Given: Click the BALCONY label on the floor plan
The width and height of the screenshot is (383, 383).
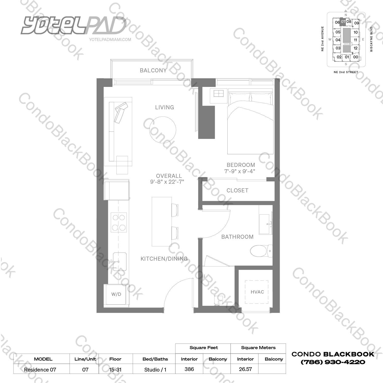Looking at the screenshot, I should coord(153,70).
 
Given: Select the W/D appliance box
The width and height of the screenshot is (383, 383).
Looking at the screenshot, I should coord(116,294).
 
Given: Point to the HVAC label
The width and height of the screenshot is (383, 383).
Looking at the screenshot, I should coord(257,292).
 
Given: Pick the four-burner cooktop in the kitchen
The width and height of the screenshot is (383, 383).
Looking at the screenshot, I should coord(119,222).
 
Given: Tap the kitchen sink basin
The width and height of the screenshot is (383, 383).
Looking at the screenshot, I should coord(119,261).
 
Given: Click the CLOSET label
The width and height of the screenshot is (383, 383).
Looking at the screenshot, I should coord(237,190).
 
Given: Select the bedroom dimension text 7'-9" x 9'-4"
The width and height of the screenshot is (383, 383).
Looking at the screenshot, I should coord(240,171).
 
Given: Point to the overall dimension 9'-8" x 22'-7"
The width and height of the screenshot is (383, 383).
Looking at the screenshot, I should coord(167,182).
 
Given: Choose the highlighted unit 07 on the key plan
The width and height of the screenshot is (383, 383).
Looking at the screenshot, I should coord(343,22).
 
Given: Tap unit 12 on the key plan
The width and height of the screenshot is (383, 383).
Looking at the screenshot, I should coord(355,48).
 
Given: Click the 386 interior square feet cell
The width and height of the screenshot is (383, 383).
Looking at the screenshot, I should coord(189,369).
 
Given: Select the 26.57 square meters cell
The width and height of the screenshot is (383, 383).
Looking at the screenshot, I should coord(245,369).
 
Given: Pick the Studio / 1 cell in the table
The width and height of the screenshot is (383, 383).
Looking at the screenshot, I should coord(155,369).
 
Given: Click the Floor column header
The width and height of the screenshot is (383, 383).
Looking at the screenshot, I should coord(115,359).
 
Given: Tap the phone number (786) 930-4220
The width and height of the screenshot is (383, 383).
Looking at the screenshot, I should coord(333,362).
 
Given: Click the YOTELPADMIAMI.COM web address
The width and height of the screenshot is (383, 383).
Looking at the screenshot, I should coord(110,39).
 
